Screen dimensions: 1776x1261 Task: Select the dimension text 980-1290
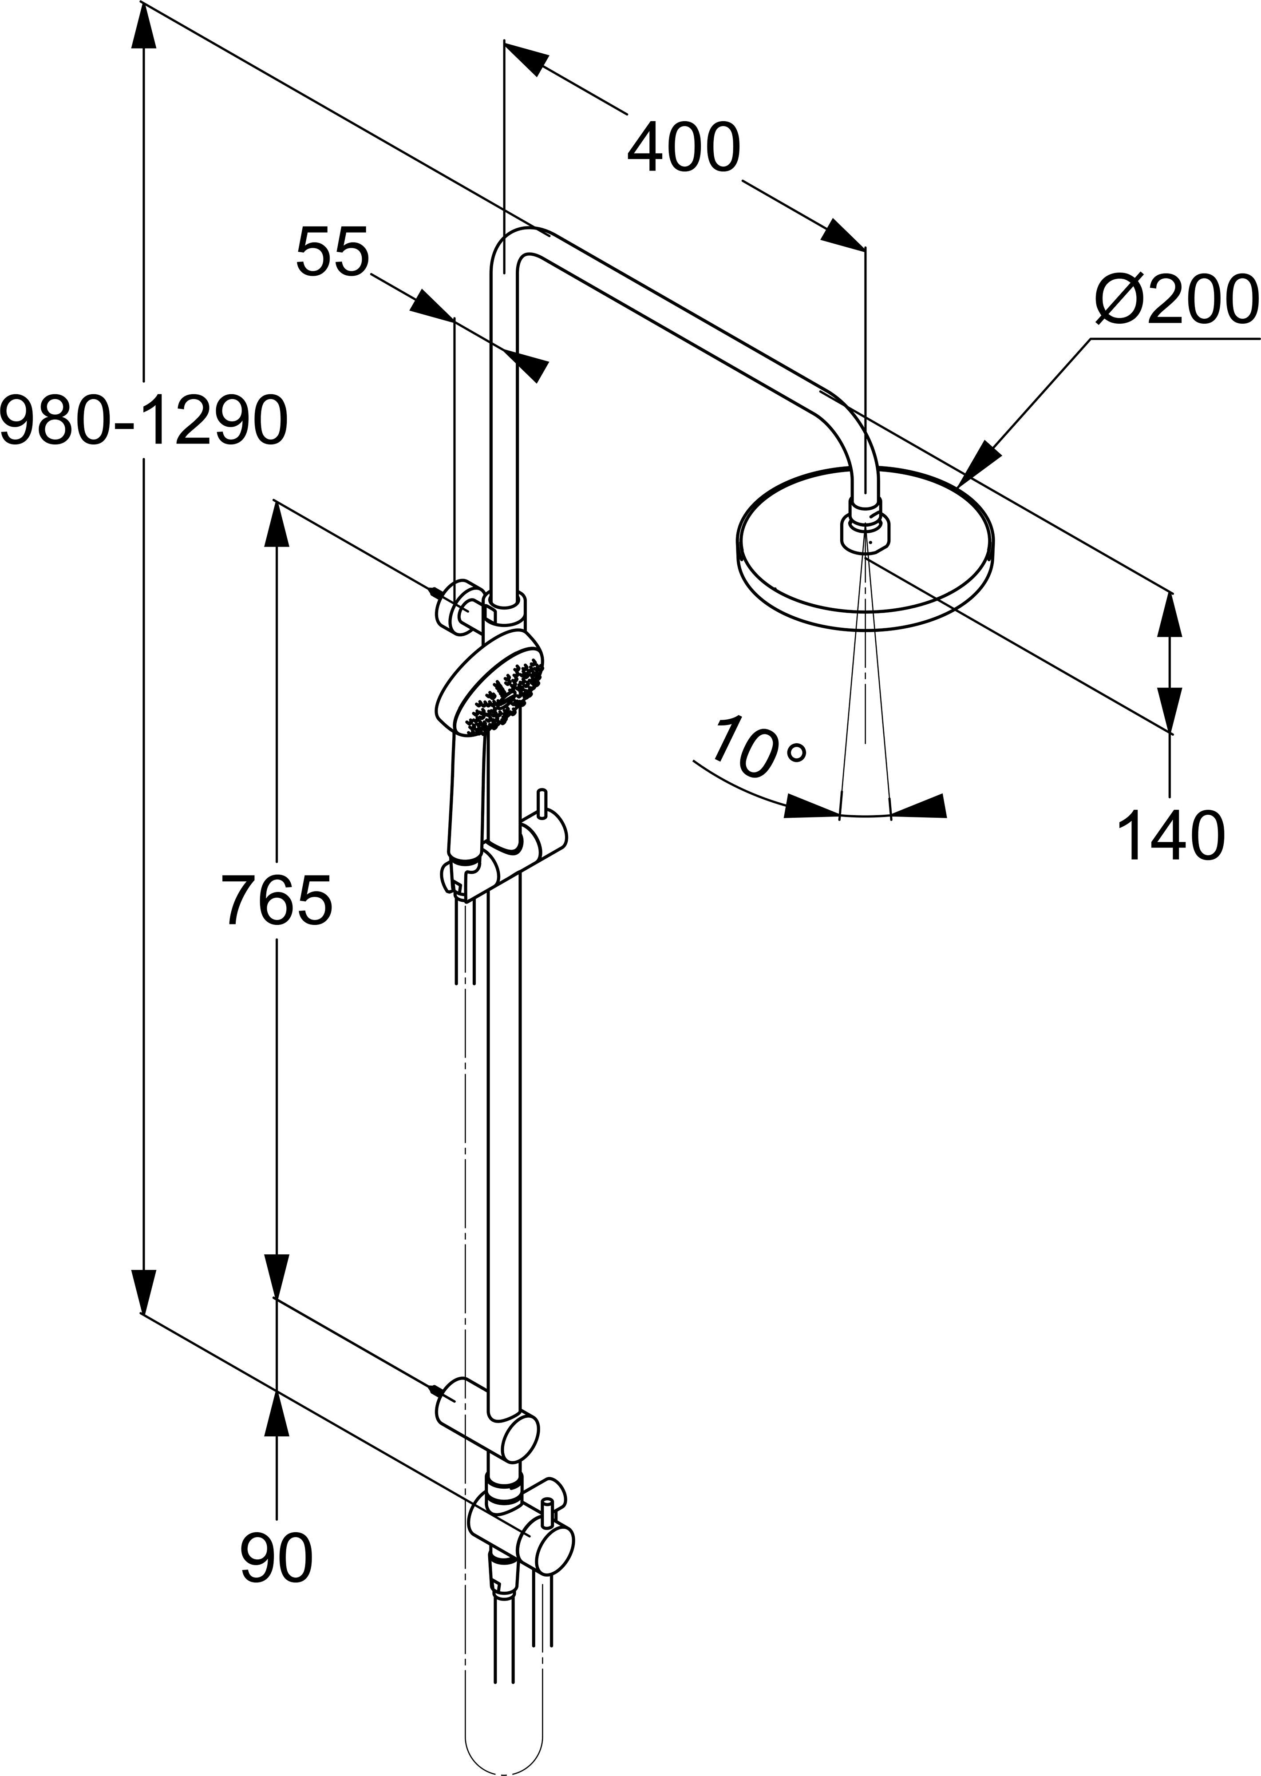(x=144, y=420)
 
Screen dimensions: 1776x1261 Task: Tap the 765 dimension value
(x=277, y=901)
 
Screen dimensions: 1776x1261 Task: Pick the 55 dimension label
(x=332, y=252)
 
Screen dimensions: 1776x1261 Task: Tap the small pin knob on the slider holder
(x=542, y=805)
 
